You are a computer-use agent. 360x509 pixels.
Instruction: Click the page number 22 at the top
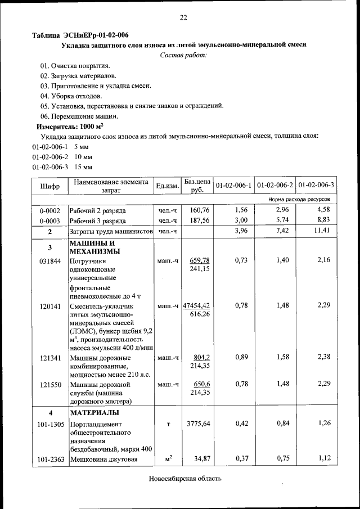(x=183, y=17)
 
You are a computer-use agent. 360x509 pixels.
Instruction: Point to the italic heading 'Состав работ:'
(x=183, y=55)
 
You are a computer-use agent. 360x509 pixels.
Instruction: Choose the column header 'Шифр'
(x=49, y=186)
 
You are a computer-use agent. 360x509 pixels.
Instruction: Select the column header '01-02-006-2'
(x=274, y=185)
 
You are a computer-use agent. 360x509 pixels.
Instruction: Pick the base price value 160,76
(x=199, y=210)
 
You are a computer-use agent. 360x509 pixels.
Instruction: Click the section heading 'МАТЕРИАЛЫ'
(x=94, y=413)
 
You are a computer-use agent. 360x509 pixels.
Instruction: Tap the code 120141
(x=49, y=306)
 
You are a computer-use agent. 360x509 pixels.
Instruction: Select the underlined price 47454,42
(x=196, y=306)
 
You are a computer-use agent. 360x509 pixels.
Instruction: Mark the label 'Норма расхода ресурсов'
(x=303, y=199)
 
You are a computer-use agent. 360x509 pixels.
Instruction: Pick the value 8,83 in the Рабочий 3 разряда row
(x=324, y=220)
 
